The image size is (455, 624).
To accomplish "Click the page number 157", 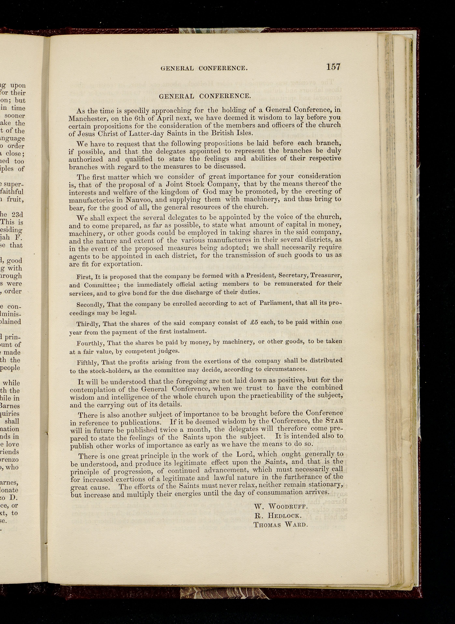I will point(333,67).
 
